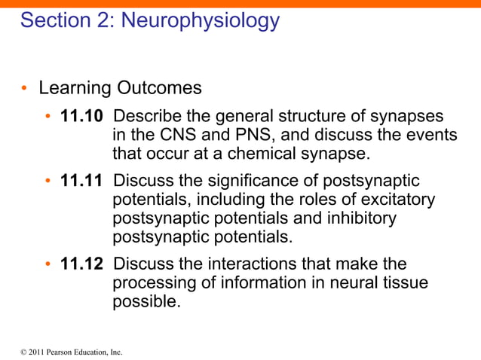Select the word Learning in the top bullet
75,88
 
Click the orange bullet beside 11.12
47,264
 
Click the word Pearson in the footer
55,352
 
